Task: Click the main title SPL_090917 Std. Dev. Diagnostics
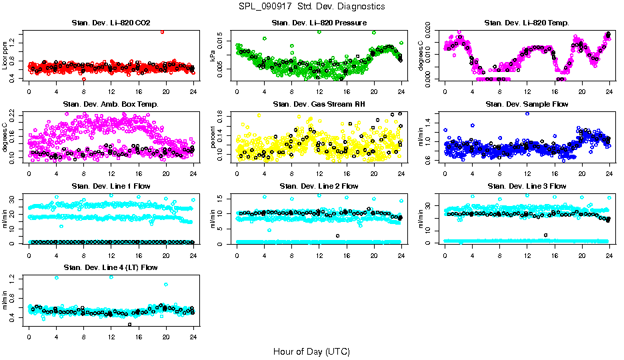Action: [311, 7]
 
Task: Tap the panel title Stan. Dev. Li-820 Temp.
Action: [527, 23]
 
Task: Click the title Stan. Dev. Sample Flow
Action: [527, 105]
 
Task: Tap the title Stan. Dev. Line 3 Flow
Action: [527, 186]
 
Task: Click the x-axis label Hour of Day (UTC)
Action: [311, 351]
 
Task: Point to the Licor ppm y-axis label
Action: [5, 55]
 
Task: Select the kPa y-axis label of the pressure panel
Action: [213, 55]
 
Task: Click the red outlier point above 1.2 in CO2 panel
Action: [162, 31]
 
